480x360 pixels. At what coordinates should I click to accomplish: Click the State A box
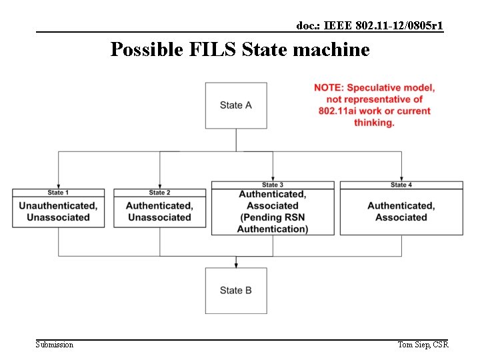coord(236,105)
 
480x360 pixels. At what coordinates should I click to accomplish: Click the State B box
coord(236,291)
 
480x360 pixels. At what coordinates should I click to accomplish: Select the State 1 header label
coord(58,193)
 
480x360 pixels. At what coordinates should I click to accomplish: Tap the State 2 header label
coord(159,193)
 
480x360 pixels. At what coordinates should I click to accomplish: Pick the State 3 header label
coord(273,185)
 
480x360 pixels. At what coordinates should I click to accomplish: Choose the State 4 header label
coord(401,185)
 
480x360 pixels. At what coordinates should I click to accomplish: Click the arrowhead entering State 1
coord(59,186)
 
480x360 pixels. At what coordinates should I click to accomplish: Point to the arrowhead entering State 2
coord(160,186)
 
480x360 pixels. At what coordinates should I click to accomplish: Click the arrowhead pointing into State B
coord(236,265)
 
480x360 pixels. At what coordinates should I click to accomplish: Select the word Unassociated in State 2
coord(159,217)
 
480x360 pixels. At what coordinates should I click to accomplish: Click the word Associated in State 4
coord(401,217)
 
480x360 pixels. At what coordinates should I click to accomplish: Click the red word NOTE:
coord(329,88)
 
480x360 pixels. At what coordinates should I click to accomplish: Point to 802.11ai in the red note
coord(340,111)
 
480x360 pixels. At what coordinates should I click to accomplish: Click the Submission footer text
coord(55,345)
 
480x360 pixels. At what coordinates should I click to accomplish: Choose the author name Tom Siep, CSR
coord(423,345)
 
